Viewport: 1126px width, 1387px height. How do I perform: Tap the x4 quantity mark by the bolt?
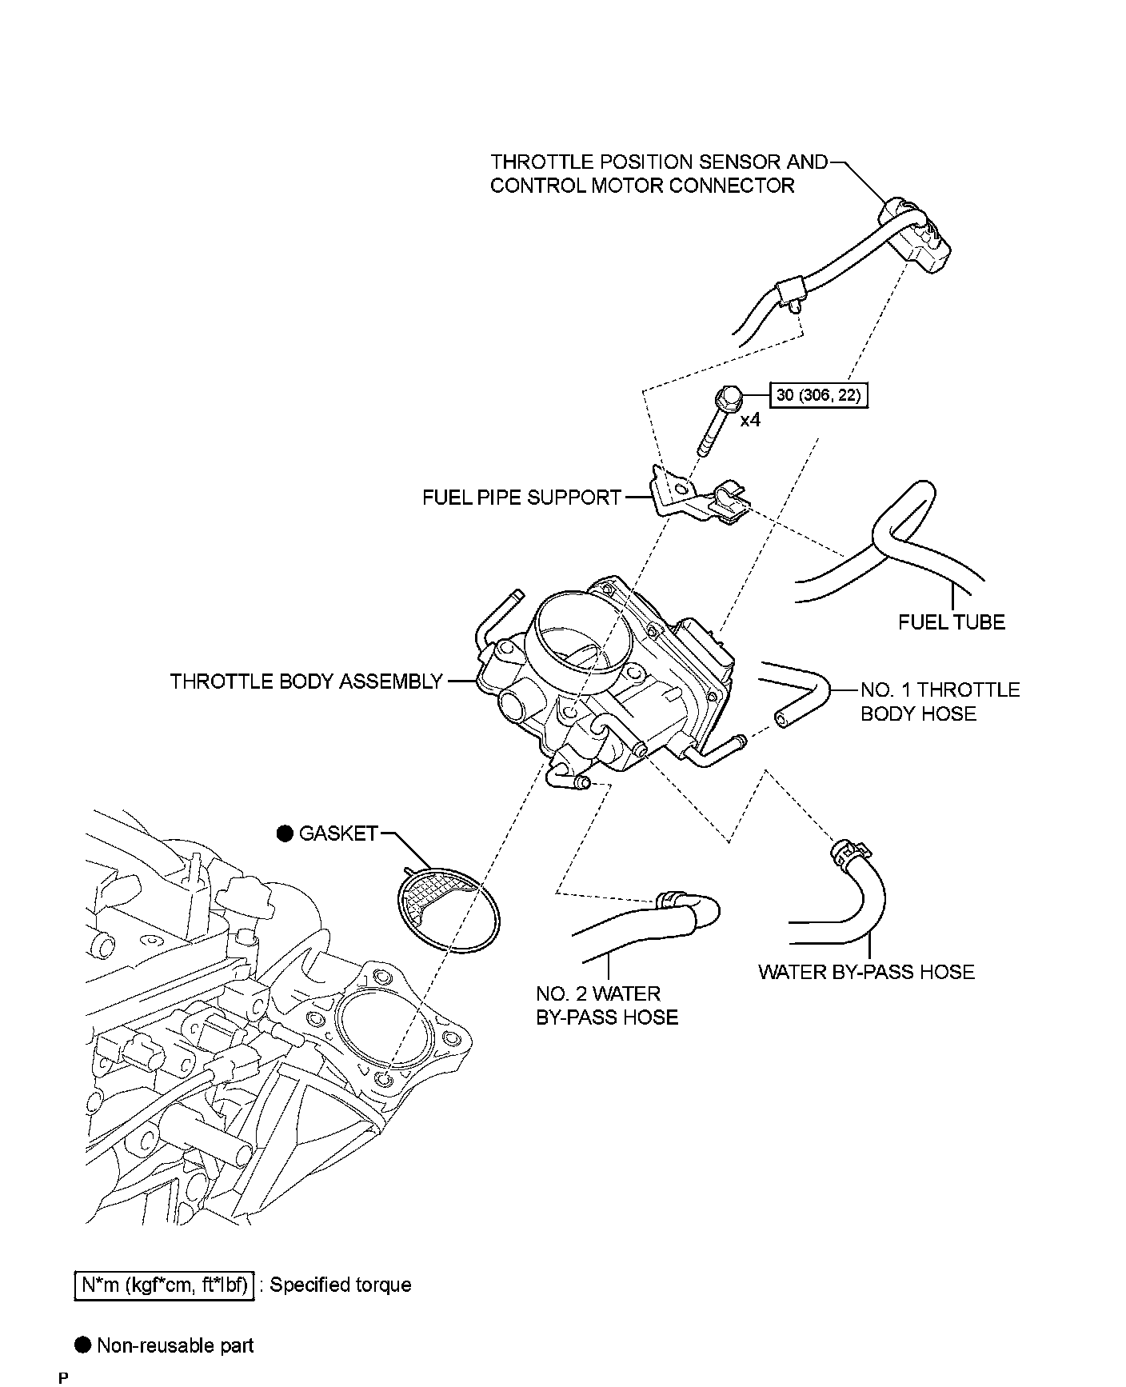(x=749, y=419)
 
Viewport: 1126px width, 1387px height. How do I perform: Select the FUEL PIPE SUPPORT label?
(x=521, y=498)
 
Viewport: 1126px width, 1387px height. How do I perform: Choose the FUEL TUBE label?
(x=951, y=622)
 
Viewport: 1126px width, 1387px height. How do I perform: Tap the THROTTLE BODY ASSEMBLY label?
(x=306, y=682)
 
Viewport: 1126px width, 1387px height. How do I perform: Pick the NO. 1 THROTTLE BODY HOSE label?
(x=940, y=701)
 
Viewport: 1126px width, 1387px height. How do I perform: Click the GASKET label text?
(x=338, y=833)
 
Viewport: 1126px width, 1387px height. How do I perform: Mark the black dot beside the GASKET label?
(x=285, y=833)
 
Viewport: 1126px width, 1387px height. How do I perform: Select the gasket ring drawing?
(x=448, y=912)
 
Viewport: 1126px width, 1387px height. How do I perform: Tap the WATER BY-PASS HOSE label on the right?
(x=866, y=972)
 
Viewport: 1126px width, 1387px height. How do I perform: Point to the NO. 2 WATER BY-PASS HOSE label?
(x=607, y=1005)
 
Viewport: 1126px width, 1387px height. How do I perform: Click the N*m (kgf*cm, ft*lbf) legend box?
(x=164, y=1285)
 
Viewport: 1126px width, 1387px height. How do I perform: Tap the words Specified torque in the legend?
(x=341, y=1285)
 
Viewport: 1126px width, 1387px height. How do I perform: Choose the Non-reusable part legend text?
(x=175, y=1345)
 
